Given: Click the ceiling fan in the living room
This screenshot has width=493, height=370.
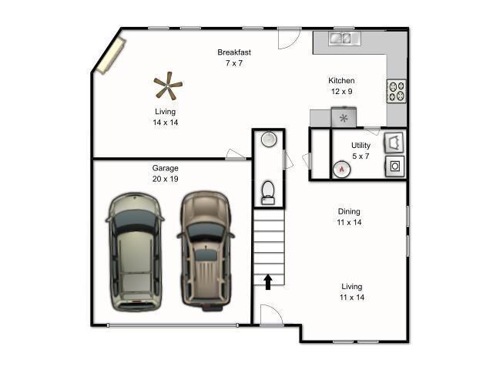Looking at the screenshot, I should [x=167, y=86].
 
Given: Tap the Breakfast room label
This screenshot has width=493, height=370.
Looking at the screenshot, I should [x=234, y=52].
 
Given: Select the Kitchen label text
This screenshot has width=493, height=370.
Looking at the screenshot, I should [x=341, y=80].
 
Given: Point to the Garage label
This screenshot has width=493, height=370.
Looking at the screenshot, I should [x=165, y=168].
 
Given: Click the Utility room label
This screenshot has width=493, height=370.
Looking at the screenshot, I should [x=361, y=145].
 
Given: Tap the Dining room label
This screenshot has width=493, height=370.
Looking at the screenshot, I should [x=349, y=211].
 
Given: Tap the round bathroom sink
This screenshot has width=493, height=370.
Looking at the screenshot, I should [x=268, y=140].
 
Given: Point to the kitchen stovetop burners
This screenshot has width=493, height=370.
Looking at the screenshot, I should [x=396, y=92].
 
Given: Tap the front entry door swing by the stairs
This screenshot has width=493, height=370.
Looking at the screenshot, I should [x=271, y=315].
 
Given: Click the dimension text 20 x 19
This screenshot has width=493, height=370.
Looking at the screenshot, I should [x=165, y=179].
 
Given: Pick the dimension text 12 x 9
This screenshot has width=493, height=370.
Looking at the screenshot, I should [x=341, y=92].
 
